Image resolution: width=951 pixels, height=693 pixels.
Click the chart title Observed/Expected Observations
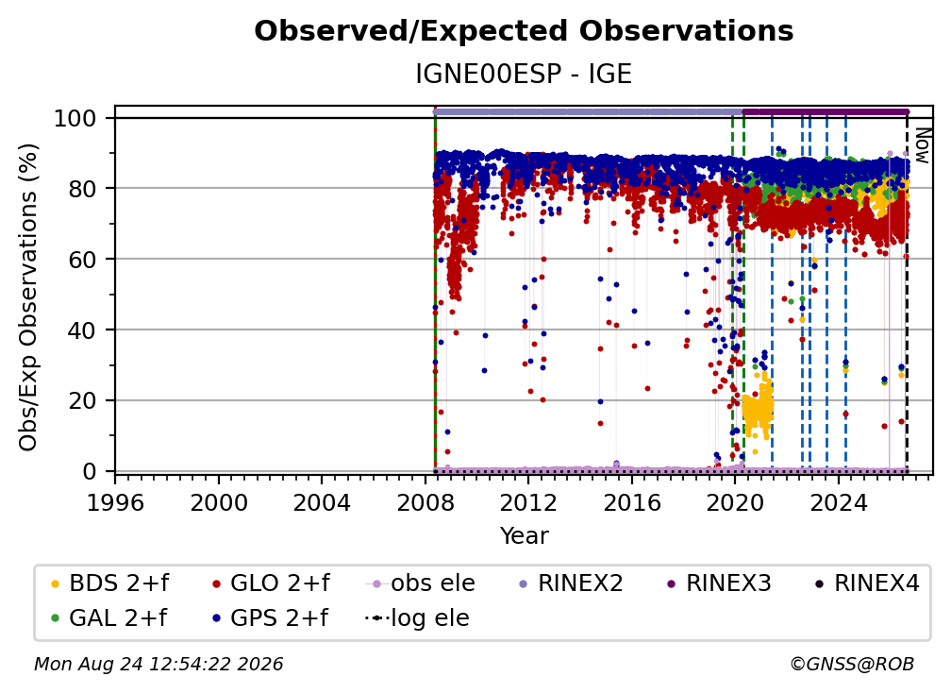coord(524,31)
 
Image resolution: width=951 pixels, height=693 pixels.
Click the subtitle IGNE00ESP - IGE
coord(524,74)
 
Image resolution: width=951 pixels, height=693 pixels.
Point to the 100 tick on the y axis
coord(84,118)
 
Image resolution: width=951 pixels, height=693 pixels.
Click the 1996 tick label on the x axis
coord(115,503)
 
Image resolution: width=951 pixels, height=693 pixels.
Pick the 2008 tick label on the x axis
coord(425,503)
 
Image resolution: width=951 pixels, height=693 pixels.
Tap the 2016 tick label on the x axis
coord(632,503)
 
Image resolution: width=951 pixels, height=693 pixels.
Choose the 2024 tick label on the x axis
coord(839,503)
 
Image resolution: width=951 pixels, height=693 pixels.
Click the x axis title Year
coord(524,536)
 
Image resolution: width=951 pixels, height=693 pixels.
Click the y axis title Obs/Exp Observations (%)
coord(28,297)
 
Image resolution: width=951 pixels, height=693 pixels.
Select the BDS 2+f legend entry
coord(109,583)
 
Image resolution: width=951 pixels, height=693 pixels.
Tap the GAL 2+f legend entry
coord(108,617)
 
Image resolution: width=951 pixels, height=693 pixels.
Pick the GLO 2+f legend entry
coord(271,583)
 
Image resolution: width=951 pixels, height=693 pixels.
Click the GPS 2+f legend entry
coord(269,617)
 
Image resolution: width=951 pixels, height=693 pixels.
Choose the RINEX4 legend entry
coord(867,583)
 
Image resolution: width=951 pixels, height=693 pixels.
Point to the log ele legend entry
coord(417,617)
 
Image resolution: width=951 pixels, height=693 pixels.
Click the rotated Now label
coord(922,145)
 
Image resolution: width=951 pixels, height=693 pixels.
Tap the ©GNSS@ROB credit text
coord(852,665)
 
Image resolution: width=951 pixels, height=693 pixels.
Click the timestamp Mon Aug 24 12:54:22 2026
coord(158,665)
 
